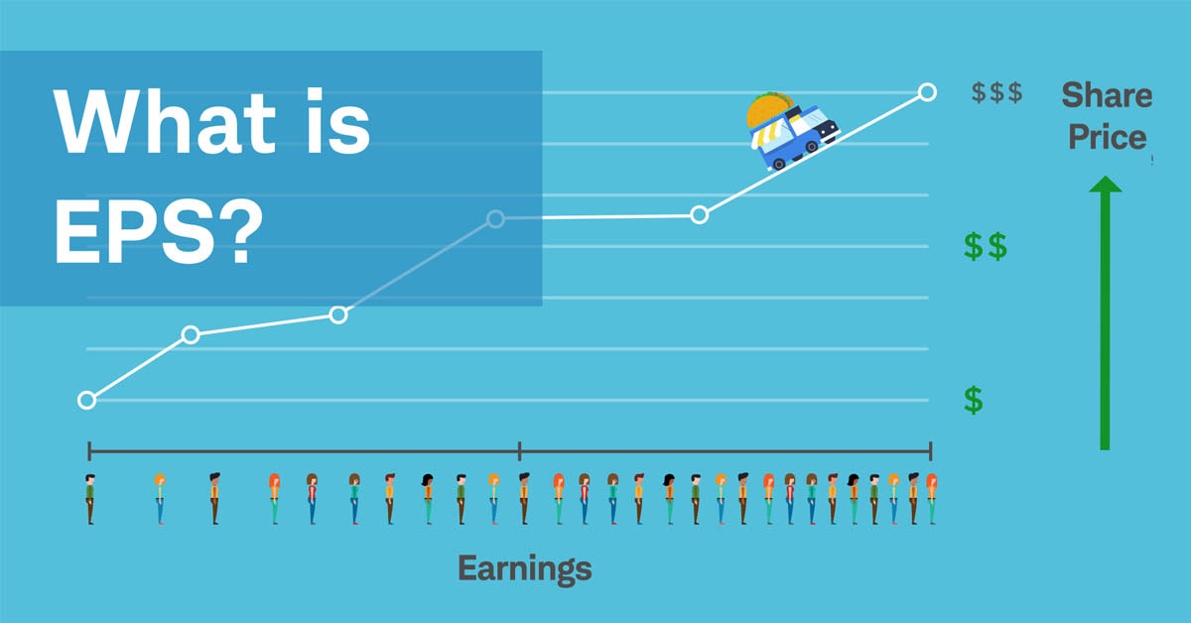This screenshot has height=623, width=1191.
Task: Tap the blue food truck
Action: [x=795, y=138]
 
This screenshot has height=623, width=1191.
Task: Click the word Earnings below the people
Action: [x=524, y=568]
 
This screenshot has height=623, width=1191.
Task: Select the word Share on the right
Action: [x=1107, y=95]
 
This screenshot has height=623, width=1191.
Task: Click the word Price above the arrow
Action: [x=1107, y=137]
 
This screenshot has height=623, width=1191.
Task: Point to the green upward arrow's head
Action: [x=1105, y=186]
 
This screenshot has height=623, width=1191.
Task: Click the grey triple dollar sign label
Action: [x=996, y=93]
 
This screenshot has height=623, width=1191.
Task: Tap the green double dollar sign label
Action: [x=985, y=246]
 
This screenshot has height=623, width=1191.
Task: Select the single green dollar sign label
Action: [x=974, y=400]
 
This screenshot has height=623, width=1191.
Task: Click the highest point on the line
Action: [x=927, y=92]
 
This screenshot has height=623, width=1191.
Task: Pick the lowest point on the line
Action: [x=86, y=400]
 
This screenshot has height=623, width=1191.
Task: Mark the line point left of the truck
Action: [x=699, y=214]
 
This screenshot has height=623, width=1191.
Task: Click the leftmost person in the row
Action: [x=89, y=499]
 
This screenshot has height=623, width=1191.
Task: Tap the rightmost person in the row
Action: [x=931, y=499]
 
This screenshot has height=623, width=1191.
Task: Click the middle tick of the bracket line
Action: [x=519, y=451]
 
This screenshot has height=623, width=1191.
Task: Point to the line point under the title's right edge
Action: [x=496, y=218]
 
